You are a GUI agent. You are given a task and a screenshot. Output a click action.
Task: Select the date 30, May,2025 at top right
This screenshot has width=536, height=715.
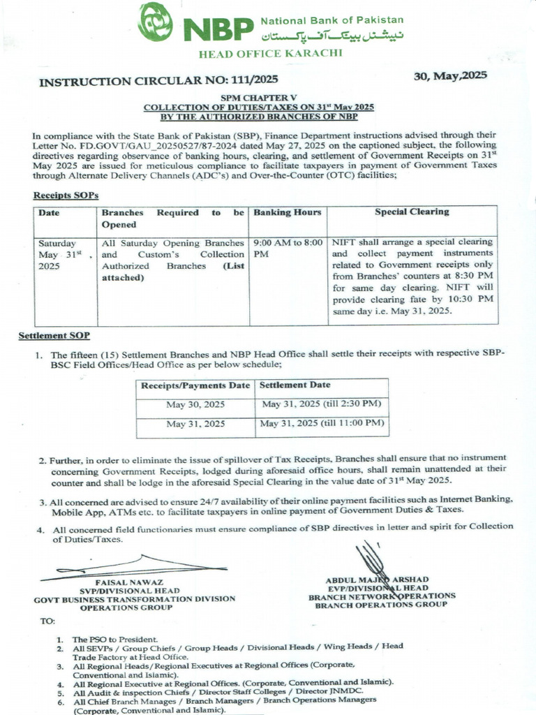(x=450, y=76)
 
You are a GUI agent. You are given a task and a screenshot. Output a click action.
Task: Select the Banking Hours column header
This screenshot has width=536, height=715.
(x=288, y=212)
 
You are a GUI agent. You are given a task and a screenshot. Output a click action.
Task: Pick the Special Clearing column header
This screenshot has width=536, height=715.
(x=412, y=212)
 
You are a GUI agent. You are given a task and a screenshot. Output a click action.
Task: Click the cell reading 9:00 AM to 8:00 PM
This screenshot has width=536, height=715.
(x=288, y=248)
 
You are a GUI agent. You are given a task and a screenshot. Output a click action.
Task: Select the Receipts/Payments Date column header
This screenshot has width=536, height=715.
(x=195, y=385)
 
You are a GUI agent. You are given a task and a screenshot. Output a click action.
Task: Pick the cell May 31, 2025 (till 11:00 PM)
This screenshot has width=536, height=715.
(x=322, y=423)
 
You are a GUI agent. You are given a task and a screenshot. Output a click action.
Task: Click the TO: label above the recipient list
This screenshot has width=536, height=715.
(x=47, y=620)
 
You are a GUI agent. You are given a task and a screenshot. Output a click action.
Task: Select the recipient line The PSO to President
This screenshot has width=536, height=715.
(x=116, y=639)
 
